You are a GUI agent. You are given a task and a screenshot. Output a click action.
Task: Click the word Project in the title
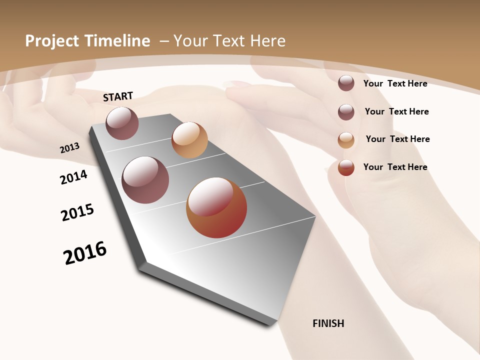tap(52, 41)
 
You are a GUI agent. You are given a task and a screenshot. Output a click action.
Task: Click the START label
tap(118, 96)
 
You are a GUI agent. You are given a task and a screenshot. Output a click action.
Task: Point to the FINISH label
tap(328, 323)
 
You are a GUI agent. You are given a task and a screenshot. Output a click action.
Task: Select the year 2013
tap(70, 147)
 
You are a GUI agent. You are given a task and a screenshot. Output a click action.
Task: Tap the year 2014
tap(74, 177)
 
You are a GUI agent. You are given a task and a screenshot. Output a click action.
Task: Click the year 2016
tap(85, 253)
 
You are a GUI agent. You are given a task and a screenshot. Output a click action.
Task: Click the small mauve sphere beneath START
tap(122, 123)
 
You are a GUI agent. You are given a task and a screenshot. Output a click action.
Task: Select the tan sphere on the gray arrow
tap(189, 140)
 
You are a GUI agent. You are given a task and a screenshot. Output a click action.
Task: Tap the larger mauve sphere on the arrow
tap(145, 180)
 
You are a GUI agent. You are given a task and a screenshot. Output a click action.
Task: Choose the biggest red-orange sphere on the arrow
tap(216, 207)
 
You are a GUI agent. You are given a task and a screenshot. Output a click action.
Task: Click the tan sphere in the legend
tap(346, 140)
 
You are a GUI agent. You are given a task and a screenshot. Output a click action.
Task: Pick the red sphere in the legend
tap(346, 167)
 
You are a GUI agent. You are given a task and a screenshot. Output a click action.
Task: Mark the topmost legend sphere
tap(346, 83)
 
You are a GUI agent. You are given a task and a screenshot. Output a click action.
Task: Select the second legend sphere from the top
tap(346, 112)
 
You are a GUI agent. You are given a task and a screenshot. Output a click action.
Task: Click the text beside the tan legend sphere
tap(397, 139)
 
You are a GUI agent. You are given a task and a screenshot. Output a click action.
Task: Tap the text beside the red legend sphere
tap(395, 167)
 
